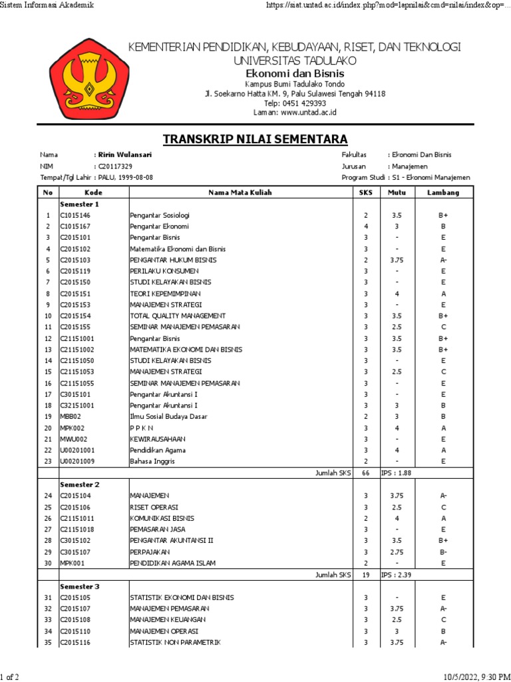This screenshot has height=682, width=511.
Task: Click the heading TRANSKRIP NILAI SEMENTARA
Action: (x=255, y=139)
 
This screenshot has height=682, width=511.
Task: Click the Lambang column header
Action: (x=442, y=192)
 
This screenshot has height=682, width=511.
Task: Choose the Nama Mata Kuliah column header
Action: (x=240, y=192)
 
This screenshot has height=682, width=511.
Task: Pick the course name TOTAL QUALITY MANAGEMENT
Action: (x=178, y=316)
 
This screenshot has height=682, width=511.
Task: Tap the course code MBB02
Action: (x=71, y=416)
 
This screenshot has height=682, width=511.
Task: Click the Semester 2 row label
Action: (x=80, y=484)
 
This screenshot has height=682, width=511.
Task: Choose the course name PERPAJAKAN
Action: (x=150, y=552)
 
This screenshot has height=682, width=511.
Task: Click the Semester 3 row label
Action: (x=80, y=586)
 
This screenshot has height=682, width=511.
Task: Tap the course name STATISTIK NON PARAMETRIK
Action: (x=175, y=642)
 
